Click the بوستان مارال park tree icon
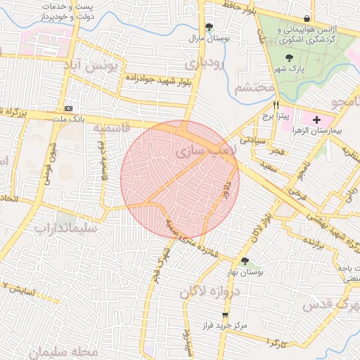click(x=209, y=27)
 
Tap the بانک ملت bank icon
click(x=68, y=109)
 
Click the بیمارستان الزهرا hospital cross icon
click(x=316, y=120)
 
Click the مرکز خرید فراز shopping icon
click(x=225, y=316)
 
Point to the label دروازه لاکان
click(x=210, y=292)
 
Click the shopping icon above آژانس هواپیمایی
click(x=306, y=18)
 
